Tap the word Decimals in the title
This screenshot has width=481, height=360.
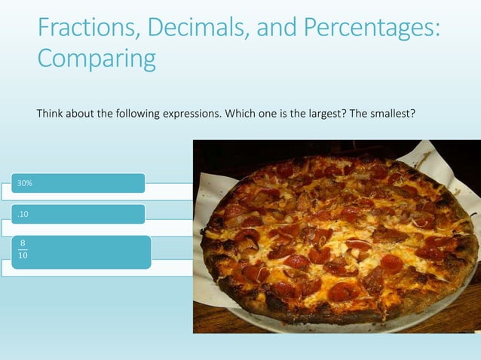(191, 28)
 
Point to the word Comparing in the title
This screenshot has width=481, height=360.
(97, 58)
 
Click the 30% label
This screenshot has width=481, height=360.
(26, 183)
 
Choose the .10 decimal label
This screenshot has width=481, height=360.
(23, 215)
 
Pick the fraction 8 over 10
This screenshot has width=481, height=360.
(24, 250)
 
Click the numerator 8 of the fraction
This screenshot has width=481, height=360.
(24, 243)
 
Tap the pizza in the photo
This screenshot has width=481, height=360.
(339, 237)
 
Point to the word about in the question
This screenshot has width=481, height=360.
(81, 114)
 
